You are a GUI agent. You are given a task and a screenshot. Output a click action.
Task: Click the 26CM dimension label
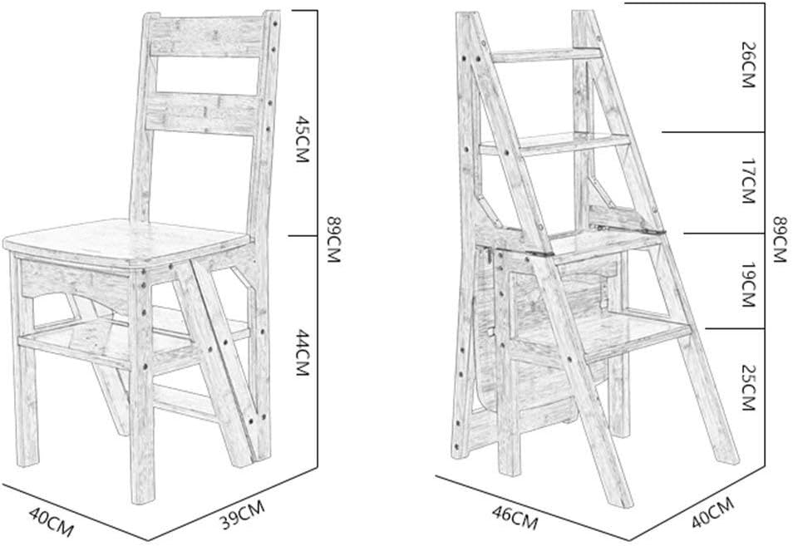click(747, 68)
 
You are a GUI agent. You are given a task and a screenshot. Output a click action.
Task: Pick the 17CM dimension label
click(747, 184)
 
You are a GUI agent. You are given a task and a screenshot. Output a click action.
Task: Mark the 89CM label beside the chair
click(333, 238)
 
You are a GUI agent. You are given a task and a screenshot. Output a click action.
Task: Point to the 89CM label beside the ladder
click(779, 238)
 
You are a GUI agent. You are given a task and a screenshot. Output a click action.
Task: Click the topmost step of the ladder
click(544, 55)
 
